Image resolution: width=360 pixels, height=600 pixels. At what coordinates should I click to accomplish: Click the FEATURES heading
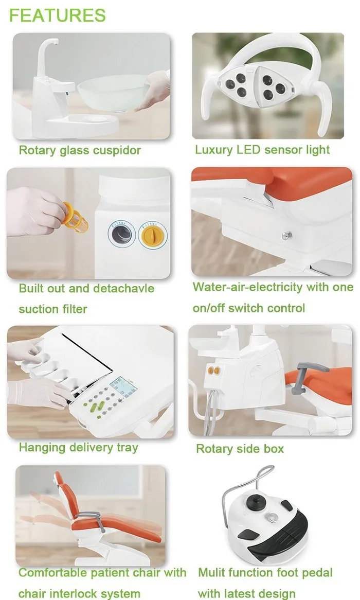click(58, 15)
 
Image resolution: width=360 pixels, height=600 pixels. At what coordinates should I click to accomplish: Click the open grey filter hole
click(122, 234)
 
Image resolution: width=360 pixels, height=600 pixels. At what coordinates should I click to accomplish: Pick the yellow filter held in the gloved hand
click(76, 219)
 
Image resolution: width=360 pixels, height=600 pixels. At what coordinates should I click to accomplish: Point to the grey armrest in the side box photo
click(307, 377)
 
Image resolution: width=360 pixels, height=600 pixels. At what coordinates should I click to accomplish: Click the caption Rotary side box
click(240, 449)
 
